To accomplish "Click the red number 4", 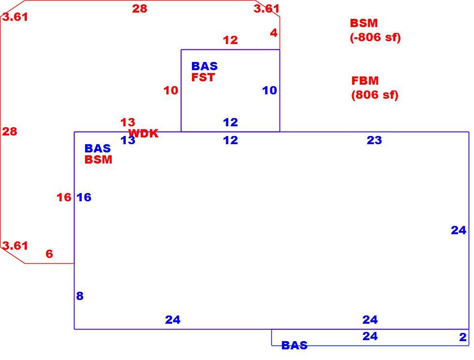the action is (x=274, y=33).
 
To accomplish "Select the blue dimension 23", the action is (x=374, y=140).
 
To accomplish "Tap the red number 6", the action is (x=49, y=254).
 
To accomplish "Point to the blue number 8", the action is (x=80, y=296).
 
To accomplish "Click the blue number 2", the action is (x=463, y=337).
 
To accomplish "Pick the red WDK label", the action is (x=143, y=134).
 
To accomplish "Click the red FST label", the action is (x=203, y=77).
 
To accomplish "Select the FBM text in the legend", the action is (x=365, y=81).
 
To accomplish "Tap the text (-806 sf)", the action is (x=375, y=38).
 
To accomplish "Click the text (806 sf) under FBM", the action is (x=375, y=95).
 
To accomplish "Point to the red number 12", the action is (x=230, y=40).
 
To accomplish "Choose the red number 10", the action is (x=171, y=90).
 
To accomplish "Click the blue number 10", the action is (x=270, y=90).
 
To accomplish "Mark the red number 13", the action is (x=128, y=122).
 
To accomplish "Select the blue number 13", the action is (x=128, y=140).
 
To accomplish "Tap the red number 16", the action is (x=64, y=197).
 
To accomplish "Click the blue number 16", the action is (x=84, y=197).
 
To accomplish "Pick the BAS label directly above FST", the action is (x=205, y=66).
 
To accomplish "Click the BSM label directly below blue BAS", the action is (x=98, y=160).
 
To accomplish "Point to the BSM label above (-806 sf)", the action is (x=364, y=23).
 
